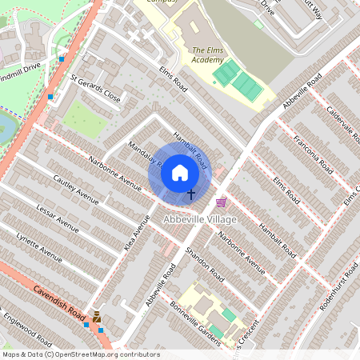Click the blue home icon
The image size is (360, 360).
180,171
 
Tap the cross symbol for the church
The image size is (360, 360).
191,194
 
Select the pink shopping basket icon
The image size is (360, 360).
222,202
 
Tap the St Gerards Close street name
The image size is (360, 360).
95,90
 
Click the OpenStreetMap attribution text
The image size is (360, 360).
80,354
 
